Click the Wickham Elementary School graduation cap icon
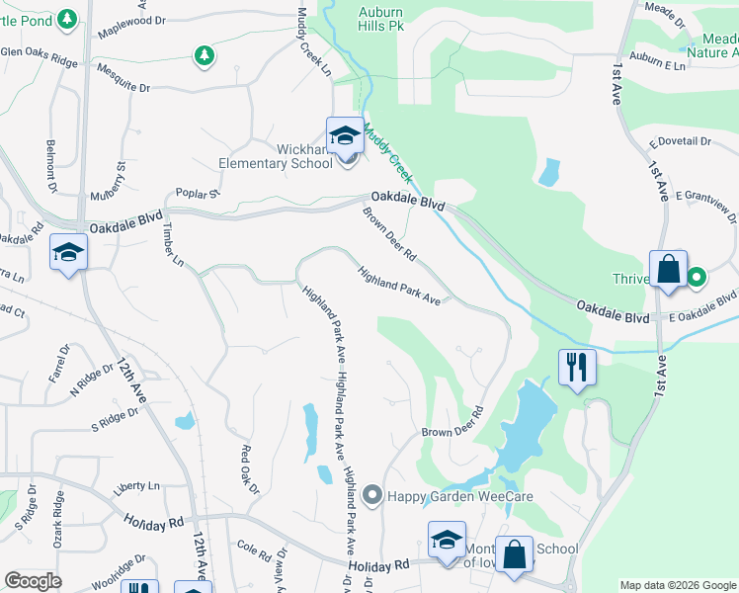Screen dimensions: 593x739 point(346,135)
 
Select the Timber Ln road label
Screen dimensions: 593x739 point(173,244)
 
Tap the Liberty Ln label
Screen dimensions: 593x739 point(136,487)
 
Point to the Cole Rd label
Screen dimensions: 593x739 point(254,548)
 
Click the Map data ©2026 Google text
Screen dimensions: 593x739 point(678,585)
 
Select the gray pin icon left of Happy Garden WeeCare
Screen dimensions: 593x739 point(372,494)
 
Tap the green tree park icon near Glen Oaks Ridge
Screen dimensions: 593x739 point(204,55)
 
